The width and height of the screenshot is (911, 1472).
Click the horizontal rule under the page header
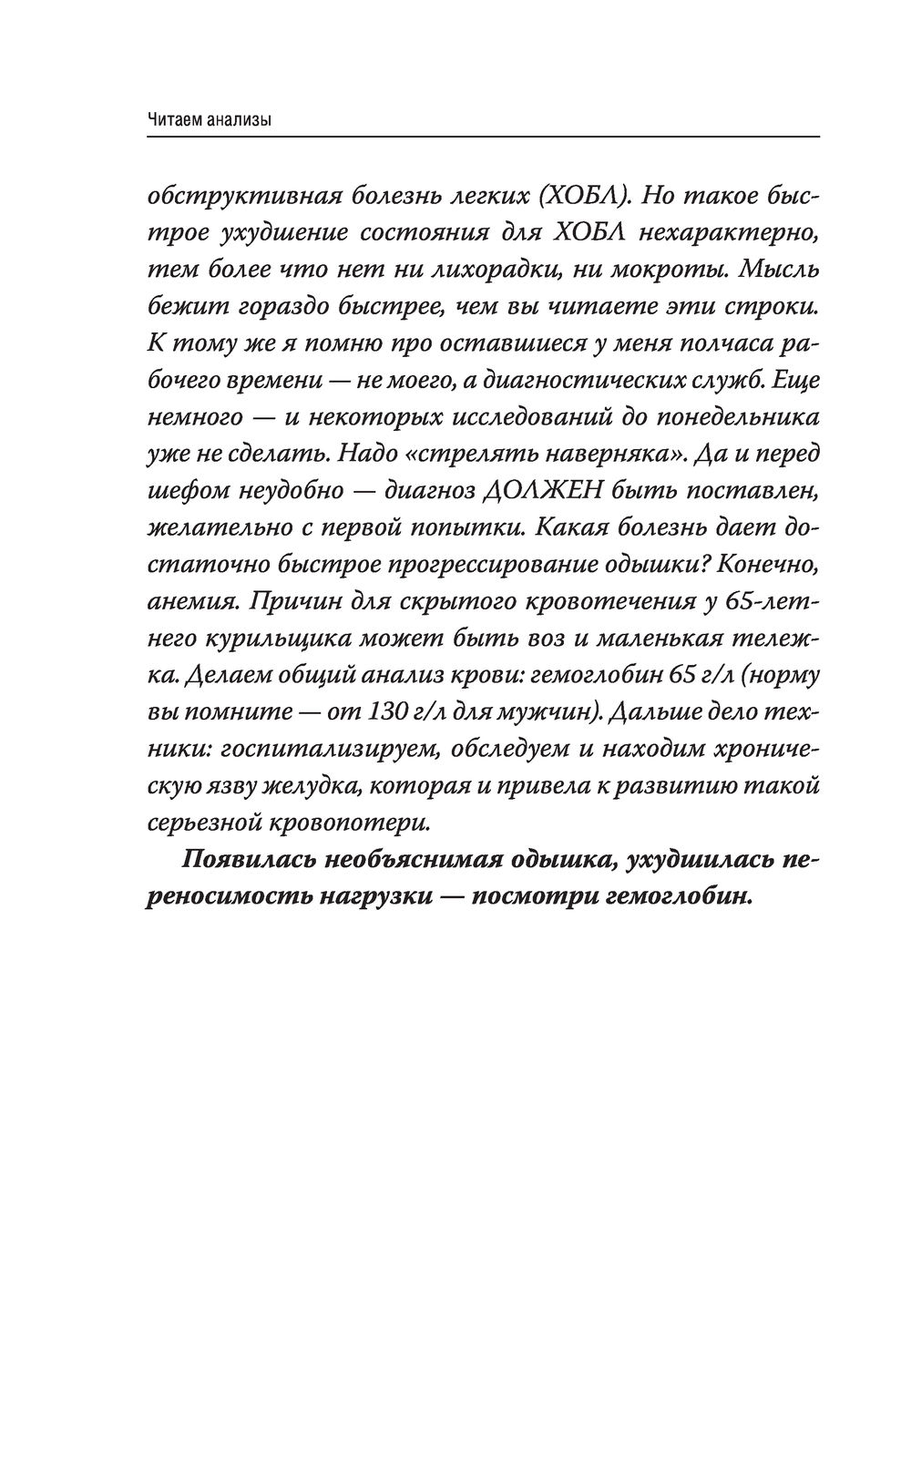tap(483, 137)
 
